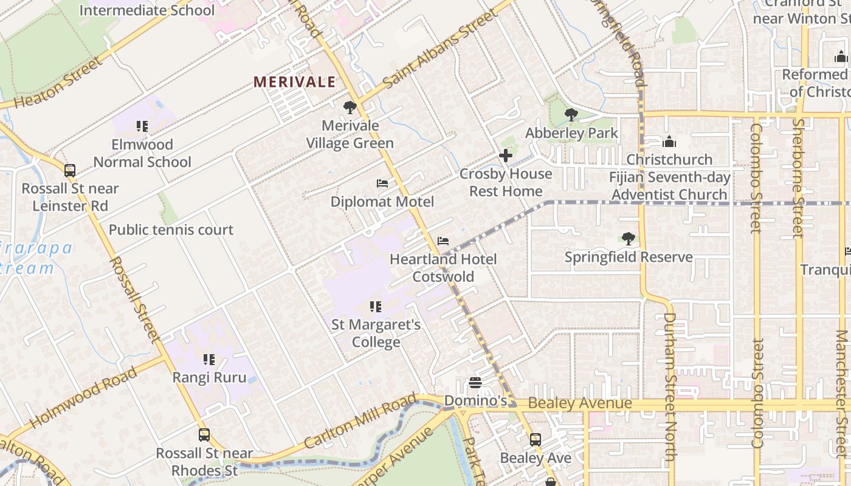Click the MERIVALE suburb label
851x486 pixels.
(x=294, y=82)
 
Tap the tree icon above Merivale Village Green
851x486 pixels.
(x=350, y=108)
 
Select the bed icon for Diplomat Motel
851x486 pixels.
(x=382, y=183)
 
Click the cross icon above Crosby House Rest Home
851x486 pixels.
(x=505, y=156)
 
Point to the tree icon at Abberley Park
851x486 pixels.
(x=571, y=114)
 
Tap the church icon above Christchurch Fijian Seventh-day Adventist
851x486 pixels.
(x=669, y=142)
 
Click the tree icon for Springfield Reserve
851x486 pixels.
(x=628, y=239)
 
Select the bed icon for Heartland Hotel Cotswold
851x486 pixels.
(x=443, y=241)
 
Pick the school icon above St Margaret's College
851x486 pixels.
(x=376, y=307)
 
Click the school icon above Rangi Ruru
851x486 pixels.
(x=209, y=360)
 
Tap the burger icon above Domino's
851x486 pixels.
(x=475, y=383)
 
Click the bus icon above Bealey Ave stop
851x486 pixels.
(x=535, y=440)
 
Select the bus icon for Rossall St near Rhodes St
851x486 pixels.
(x=204, y=435)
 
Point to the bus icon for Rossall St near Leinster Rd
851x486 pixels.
(x=70, y=171)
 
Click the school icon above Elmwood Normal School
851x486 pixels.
(x=142, y=126)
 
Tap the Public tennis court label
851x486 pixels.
(x=171, y=230)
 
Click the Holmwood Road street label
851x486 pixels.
(x=83, y=397)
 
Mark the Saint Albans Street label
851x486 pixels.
(x=439, y=48)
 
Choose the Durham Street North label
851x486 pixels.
(x=669, y=386)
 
